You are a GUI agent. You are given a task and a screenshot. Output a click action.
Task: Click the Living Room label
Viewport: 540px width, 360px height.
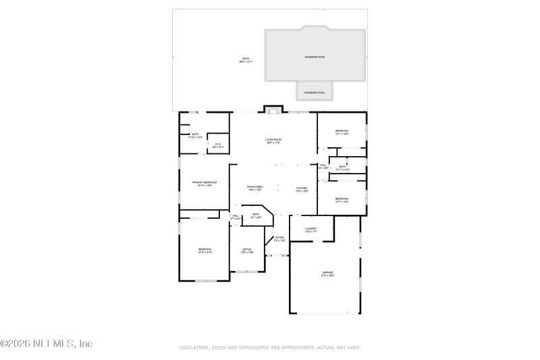tap(273, 140)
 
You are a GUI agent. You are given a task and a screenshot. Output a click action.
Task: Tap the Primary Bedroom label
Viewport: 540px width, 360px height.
tap(205, 184)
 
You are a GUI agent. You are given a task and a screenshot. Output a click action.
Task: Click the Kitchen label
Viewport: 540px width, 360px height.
tap(302, 188)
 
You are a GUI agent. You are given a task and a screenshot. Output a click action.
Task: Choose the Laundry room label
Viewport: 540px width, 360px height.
tap(310, 230)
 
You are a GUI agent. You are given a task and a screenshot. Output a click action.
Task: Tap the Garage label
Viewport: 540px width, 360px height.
tap(327, 274)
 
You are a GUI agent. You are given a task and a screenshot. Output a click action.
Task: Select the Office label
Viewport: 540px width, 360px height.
tap(247, 251)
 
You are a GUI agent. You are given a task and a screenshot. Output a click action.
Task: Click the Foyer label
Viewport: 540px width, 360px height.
tap(279, 239)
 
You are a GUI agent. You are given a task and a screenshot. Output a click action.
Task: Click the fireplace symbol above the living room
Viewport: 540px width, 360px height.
tap(273, 110)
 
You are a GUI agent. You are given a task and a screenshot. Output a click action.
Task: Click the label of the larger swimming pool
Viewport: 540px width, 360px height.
tap(315, 57)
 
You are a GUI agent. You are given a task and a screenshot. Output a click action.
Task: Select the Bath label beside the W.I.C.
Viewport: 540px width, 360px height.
tap(196, 135)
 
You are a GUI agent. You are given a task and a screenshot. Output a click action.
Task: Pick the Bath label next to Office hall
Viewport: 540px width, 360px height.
tap(256, 215)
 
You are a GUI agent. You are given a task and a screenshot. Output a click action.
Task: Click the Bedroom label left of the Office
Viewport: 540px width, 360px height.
tap(205, 251)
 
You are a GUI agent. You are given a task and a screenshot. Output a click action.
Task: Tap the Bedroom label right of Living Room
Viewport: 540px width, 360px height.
tap(342, 132)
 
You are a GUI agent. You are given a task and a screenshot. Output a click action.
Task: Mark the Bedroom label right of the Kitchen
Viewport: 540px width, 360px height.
tap(342, 199)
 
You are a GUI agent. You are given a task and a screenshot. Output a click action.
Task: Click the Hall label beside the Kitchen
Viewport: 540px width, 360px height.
tap(323, 166)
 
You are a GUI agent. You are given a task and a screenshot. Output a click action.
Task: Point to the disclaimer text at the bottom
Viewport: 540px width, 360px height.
tap(270, 347)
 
